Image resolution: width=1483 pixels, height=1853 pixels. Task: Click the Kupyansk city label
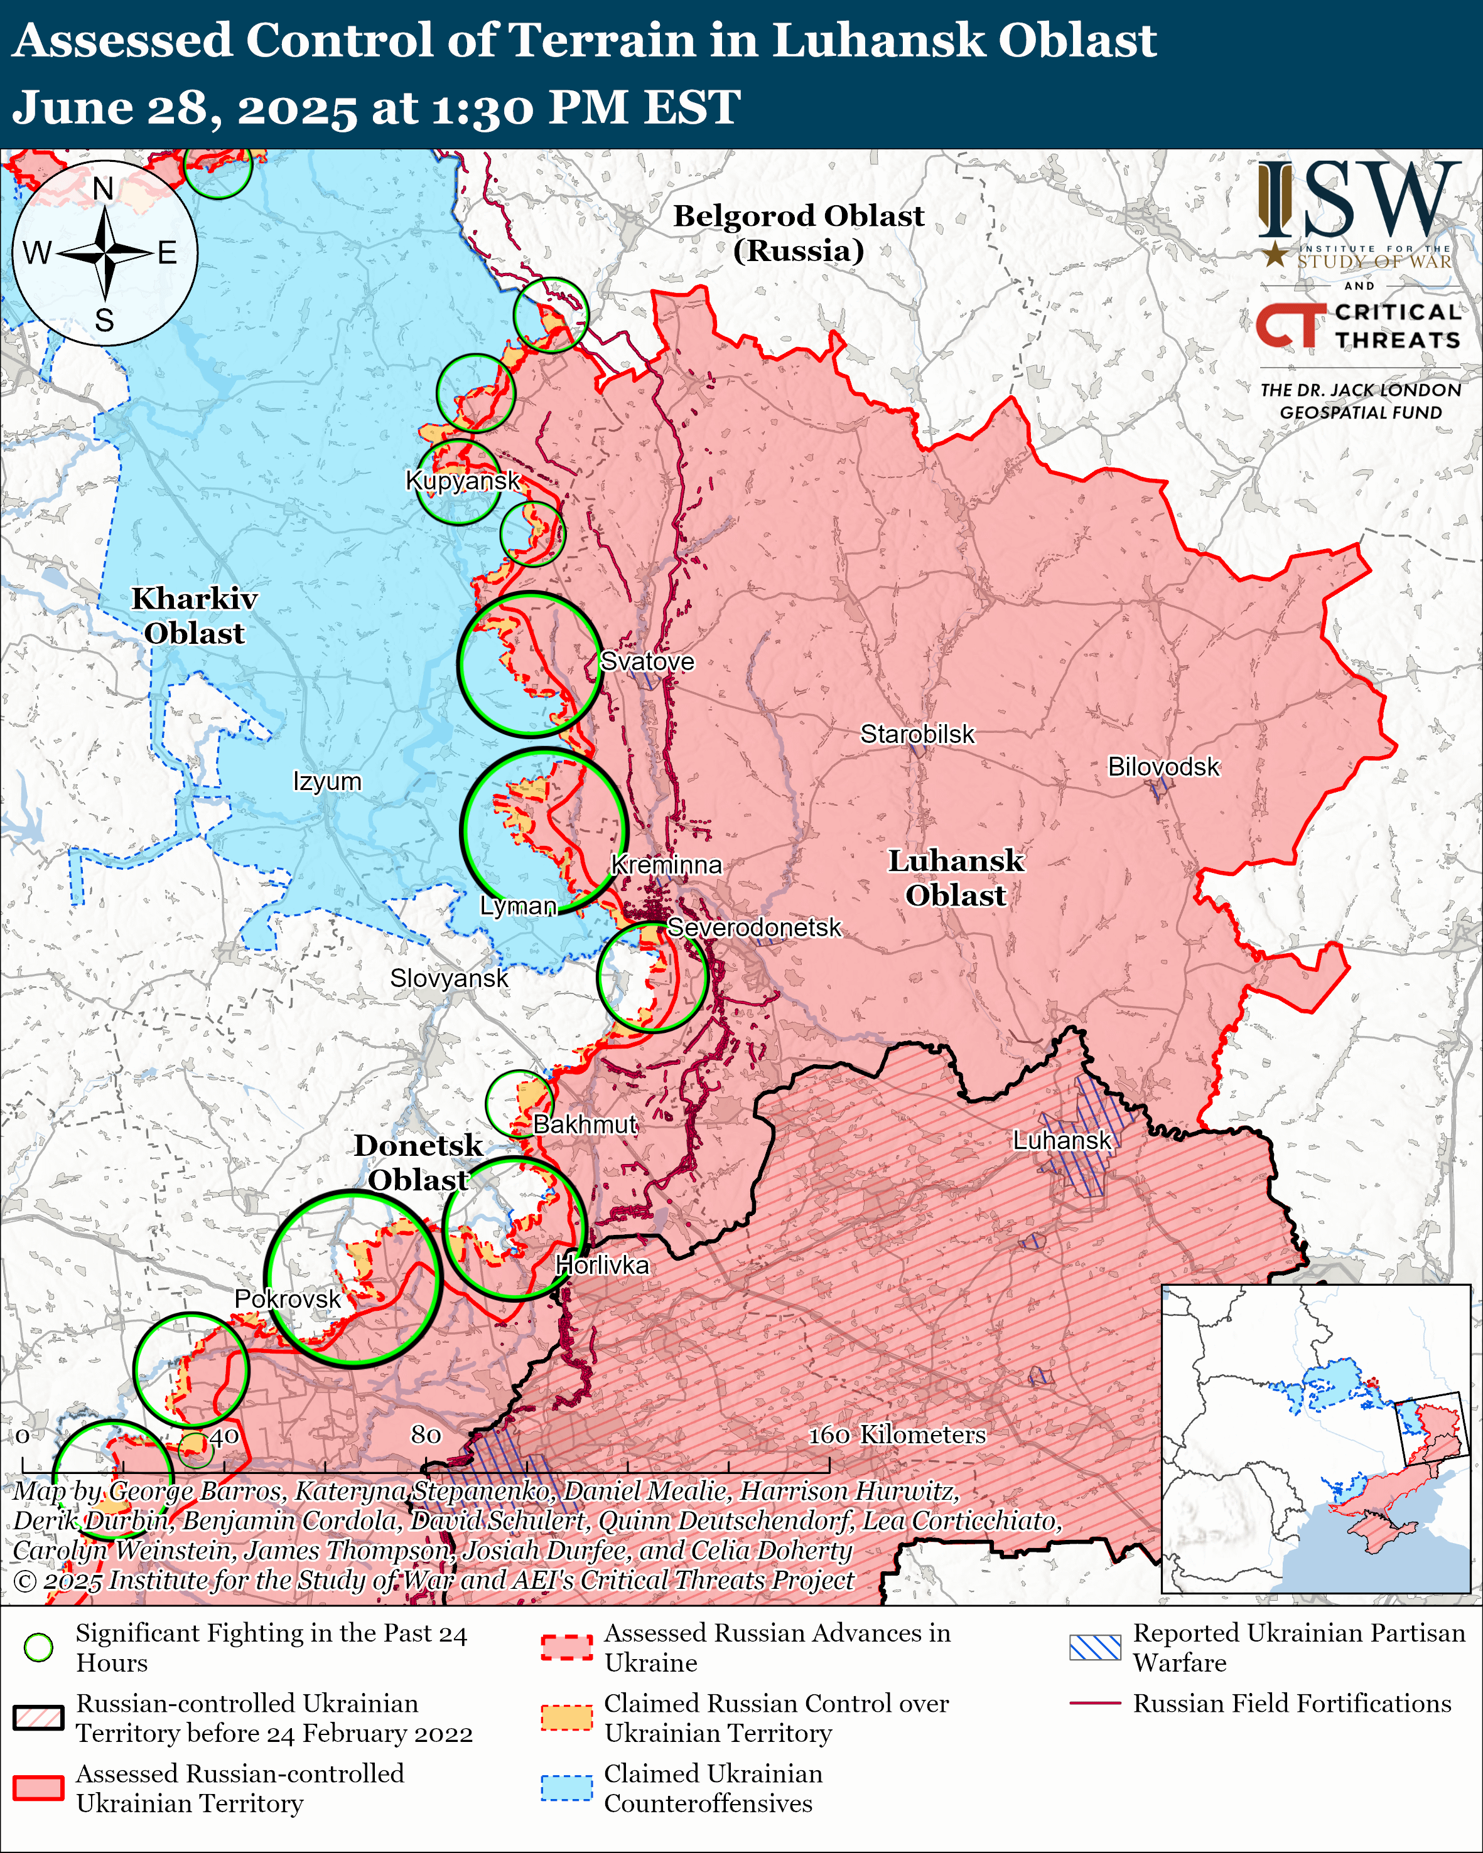463,481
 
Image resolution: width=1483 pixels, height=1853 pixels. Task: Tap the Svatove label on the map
647,662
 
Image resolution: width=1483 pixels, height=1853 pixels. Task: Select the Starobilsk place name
917,734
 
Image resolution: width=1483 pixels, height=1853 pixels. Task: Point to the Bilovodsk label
1163,767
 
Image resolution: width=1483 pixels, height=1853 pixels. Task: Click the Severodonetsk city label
754,927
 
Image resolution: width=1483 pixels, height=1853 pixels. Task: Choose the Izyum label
326,781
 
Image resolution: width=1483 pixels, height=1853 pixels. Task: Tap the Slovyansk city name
449,978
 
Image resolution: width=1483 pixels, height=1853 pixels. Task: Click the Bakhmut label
585,1124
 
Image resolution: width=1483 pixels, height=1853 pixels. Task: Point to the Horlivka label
601,1265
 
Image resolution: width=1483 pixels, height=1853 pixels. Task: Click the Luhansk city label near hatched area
1062,1141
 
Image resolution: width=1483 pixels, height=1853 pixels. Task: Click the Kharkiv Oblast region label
194,616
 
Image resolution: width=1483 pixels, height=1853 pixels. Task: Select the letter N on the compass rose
103,188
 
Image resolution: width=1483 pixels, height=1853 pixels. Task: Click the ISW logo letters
1358,200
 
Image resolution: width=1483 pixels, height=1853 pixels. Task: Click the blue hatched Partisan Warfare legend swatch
1094,1648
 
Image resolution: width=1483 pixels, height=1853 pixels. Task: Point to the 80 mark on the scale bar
426,1434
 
